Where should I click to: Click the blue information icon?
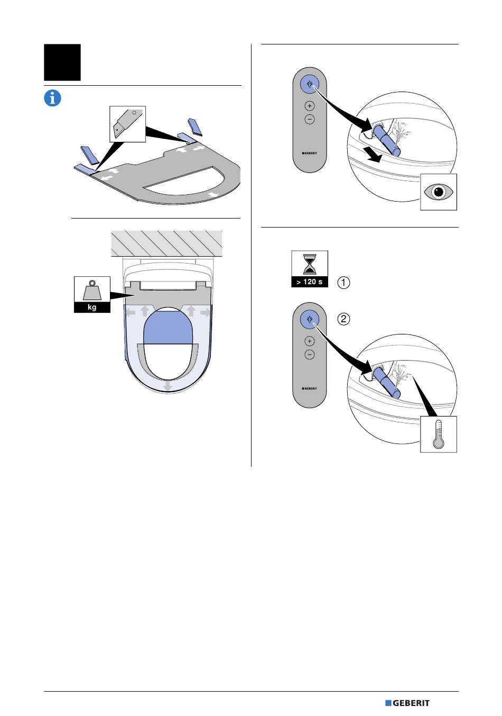coord(52,98)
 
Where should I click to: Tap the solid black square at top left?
coord(62,62)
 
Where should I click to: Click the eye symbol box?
coord(439,192)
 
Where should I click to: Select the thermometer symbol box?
coord(439,434)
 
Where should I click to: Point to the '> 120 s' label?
coord(310,282)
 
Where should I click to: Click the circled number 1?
coord(343,283)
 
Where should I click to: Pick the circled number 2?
coord(343,319)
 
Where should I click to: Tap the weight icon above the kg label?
coord(92,289)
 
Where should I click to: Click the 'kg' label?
coord(92,307)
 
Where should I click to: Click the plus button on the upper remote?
coord(310,106)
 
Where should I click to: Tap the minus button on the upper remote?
coord(310,119)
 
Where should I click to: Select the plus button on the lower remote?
coord(310,341)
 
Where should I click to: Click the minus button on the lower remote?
coord(310,355)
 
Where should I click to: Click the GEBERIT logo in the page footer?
coord(407,703)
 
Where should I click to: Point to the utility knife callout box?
coord(127,124)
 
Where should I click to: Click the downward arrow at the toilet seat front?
coord(168,386)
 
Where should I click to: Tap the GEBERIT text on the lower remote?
coord(310,388)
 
